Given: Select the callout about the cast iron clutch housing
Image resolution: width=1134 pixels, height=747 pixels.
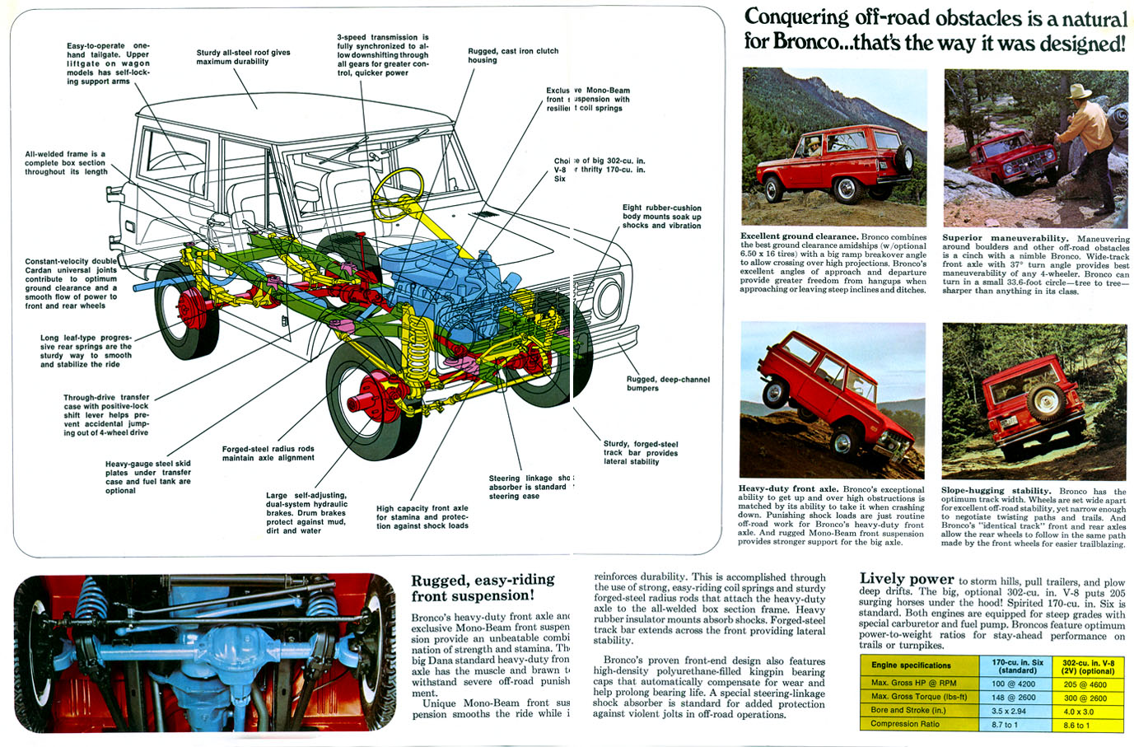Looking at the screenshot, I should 513,55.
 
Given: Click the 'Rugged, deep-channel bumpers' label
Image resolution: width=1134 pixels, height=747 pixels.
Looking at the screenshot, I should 667,384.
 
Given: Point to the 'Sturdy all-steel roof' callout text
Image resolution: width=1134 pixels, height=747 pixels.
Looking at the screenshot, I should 243,57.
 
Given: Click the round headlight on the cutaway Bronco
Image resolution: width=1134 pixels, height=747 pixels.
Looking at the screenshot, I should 609,297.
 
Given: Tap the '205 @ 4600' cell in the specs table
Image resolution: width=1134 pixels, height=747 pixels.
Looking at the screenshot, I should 1085,684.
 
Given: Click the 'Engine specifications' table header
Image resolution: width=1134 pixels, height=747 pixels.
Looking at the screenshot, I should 911,665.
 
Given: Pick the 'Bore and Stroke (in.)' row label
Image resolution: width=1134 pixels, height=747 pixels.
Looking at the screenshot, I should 908,711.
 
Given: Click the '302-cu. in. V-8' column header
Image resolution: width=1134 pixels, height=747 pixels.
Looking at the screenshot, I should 1088,666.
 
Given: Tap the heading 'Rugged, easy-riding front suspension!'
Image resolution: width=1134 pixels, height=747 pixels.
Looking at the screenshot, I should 483,588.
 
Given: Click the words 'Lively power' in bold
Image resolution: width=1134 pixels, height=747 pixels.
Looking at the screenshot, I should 906,579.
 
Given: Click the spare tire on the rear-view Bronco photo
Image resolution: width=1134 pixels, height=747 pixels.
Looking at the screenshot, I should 1043,401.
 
